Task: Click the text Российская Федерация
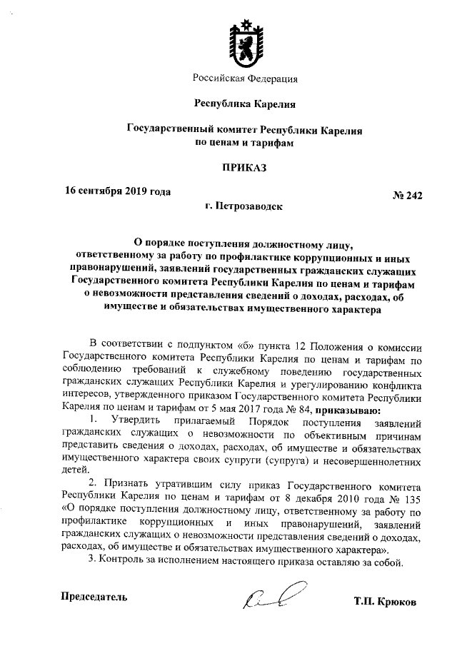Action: tap(245, 78)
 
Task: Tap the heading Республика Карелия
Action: tap(245, 104)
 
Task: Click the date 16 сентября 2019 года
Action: tap(118, 191)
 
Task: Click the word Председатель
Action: tap(95, 596)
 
